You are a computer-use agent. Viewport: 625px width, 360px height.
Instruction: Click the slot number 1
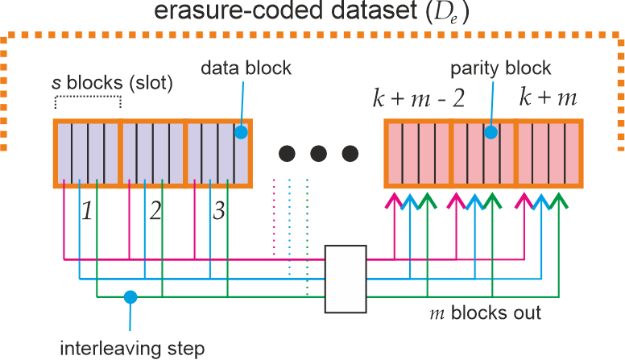click(x=88, y=213)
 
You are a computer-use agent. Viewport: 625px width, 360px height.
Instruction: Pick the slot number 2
click(x=155, y=213)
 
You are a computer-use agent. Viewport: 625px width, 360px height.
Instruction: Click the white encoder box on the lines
click(x=346, y=279)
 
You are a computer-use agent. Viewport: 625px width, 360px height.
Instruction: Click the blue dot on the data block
click(x=240, y=130)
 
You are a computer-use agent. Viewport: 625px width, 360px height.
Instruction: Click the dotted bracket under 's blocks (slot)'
click(x=88, y=101)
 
